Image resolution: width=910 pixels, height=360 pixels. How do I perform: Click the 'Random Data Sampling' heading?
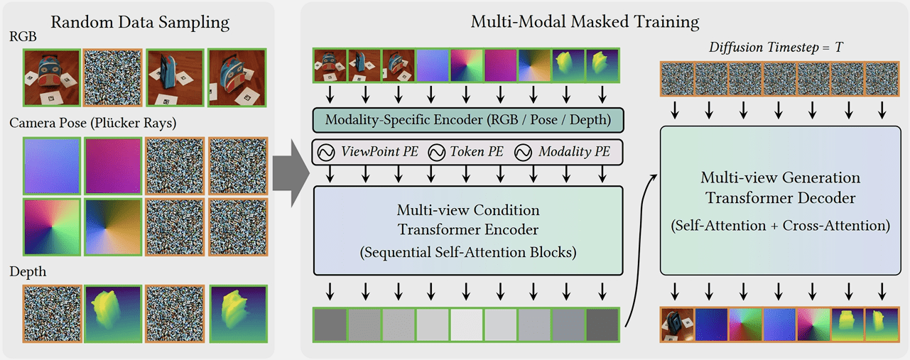coord(140,23)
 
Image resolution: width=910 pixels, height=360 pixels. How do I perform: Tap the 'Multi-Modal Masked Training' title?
coord(585,21)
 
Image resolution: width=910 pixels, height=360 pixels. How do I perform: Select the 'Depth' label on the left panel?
coord(28,272)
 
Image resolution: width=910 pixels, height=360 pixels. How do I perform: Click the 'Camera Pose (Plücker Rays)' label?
coord(93,123)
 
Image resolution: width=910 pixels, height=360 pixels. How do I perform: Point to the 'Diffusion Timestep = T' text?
coord(776,48)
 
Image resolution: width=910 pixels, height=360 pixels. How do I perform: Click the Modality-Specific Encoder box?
coord(468,120)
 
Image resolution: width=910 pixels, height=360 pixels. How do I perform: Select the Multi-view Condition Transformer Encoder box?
coord(468,231)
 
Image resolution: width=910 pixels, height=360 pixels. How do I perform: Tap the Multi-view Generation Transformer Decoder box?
coord(781,200)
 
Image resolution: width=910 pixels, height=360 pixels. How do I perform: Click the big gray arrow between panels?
coord(291,173)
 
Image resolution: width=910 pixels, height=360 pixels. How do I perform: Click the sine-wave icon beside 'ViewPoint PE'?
coord(326,153)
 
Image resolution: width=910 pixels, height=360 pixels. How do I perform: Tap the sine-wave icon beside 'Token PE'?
coord(437,153)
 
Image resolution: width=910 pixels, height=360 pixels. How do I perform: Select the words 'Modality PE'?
coord(574,152)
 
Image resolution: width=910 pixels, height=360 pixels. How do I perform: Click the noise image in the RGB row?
coord(112,78)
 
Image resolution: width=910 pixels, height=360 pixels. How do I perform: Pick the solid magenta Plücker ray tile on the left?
coord(113,166)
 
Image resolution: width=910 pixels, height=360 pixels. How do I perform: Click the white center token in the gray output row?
coord(467,324)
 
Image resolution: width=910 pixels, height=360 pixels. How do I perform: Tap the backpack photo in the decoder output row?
coord(677,324)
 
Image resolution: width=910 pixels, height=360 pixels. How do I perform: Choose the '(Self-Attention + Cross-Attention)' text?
coord(781,226)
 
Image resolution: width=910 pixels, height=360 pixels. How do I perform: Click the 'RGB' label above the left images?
coord(23,36)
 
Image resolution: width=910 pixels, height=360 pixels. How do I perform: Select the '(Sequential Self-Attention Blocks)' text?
coord(468,253)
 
